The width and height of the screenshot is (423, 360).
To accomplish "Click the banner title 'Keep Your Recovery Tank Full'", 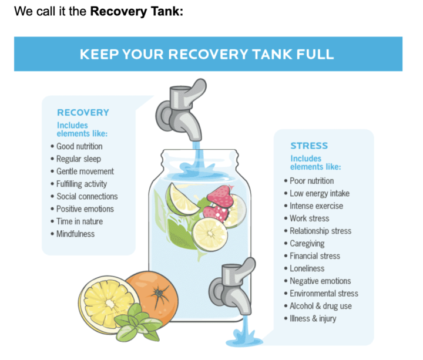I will click(207, 55).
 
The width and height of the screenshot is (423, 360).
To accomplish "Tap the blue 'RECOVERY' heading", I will click(83, 112).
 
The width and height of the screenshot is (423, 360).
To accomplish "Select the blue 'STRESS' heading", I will click(309, 146).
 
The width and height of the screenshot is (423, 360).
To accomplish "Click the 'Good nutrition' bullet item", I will click(79, 146).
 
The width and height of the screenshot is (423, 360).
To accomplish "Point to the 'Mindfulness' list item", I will click(75, 234).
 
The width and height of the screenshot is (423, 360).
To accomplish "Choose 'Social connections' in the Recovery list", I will click(87, 196).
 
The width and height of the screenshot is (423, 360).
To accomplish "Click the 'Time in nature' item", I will click(79, 221).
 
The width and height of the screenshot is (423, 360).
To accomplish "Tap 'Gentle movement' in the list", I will click(85, 171).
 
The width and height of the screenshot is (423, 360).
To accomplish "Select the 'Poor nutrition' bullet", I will click(312, 181).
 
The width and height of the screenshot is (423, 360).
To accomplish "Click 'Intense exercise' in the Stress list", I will click(316, 206).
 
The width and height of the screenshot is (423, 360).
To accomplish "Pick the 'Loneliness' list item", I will click(307, 268).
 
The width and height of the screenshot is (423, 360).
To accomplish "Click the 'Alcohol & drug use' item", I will click(321, 306).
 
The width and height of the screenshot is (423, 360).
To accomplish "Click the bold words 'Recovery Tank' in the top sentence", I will click(136, 11).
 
